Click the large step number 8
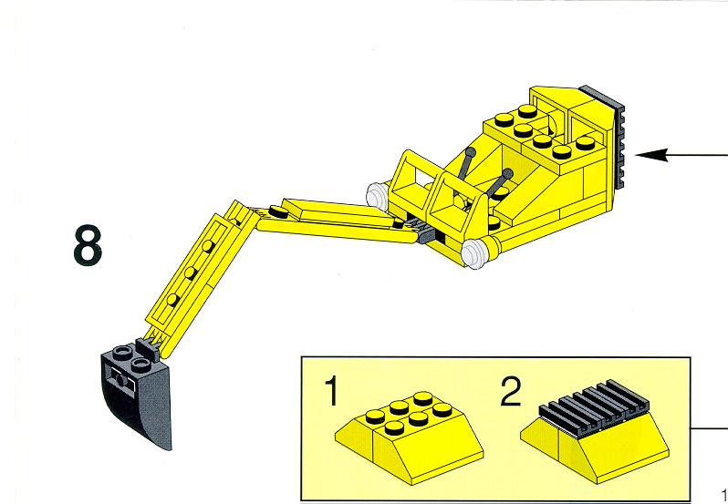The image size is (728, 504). [88, 245]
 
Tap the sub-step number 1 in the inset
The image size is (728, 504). [330, 391]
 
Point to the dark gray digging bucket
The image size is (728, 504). [137, 395]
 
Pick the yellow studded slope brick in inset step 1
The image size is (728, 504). [409, 435]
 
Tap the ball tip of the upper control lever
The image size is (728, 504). [472, 151]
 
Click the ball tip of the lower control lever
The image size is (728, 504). [507, 174]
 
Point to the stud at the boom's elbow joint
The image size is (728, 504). [277, 211]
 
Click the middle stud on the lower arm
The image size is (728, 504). [192, 272]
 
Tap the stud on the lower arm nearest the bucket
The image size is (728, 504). [172, 299]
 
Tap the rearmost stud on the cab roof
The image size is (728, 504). [527, 111]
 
